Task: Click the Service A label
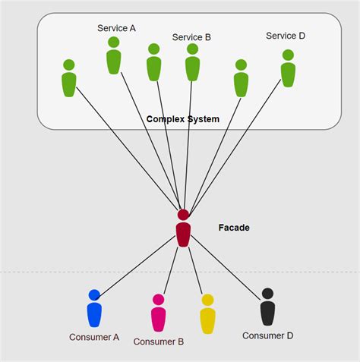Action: (x=116, y=28)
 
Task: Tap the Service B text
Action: (x=191, y=37)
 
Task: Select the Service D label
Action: (x=286, y=36)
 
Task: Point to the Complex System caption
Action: (x=182, y=119)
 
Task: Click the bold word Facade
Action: (x=234, y=227)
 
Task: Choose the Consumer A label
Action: (x=94, y=337)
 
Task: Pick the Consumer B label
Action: (x=159, y=342)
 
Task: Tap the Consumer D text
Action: (x=267, y=335)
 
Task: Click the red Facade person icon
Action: (x=183, y=231)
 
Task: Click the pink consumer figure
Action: (x=158, y=315)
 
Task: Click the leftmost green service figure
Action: (x=69, y=80)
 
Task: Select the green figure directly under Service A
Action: (x=114, y=58)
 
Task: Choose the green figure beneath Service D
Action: (x=288, y=71)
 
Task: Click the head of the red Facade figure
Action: (x=183, y=215)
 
